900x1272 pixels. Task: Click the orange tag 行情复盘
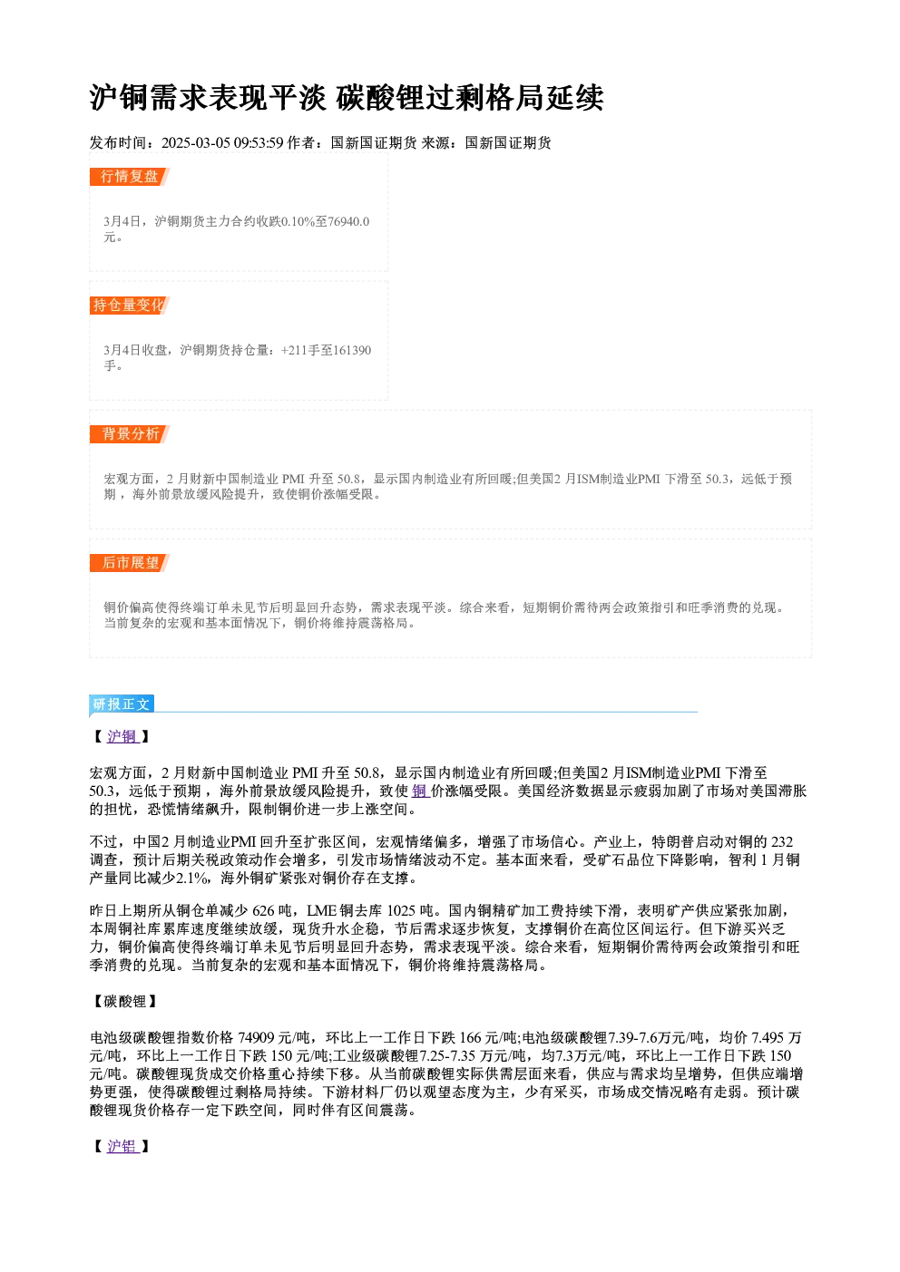(130, 177)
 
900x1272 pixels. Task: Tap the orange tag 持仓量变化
(130, 306)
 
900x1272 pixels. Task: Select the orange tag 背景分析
(130, 434)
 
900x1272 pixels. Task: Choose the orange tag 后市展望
(130, 563)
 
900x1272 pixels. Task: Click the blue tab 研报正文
(122, 704)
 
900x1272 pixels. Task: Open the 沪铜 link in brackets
(122, 736)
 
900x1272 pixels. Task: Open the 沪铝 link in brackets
(122, 1147)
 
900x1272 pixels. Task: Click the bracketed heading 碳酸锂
(125, 1001)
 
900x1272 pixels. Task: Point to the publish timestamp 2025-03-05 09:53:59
(222, 142)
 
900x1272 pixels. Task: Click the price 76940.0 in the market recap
(348, 221)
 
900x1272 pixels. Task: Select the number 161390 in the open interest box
(352, 350)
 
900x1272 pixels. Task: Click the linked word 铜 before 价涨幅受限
(419, 791)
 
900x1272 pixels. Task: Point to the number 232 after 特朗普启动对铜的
(782, 841)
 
